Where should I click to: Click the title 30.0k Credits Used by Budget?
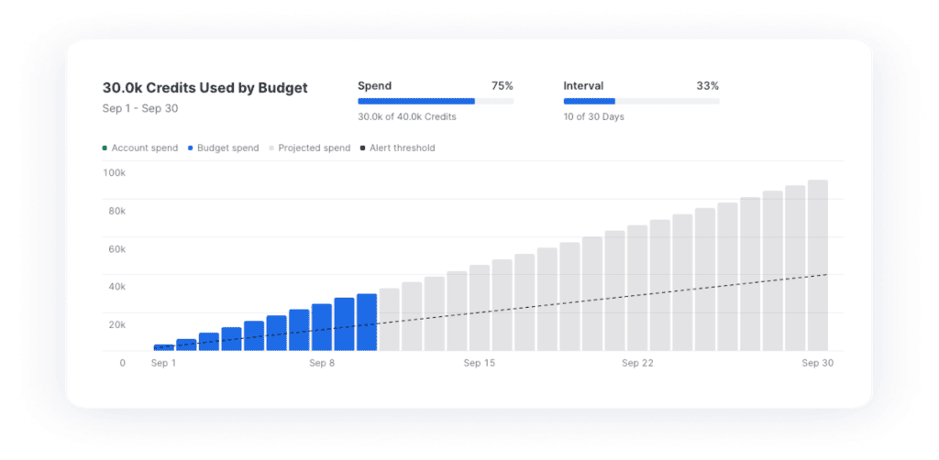(x=204, y=88)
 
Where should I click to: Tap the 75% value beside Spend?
(x=502, y=85)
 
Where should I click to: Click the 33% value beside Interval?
(x=707, y=85)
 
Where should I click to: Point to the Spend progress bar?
(x=435, y=101)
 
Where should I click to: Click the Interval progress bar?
(x=641, y=101)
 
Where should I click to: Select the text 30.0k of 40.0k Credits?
(x=406, y=116)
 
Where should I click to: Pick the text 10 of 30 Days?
(x=593, y=116)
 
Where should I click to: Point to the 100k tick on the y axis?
(x=115, y=172)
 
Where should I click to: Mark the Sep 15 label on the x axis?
(x=479, y=363)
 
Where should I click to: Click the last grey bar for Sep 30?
(x=818, y=266)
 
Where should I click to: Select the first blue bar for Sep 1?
(x=163, y=347)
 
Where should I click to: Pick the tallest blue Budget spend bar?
(x=367, y=323)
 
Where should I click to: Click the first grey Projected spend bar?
(x=389, y=320)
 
